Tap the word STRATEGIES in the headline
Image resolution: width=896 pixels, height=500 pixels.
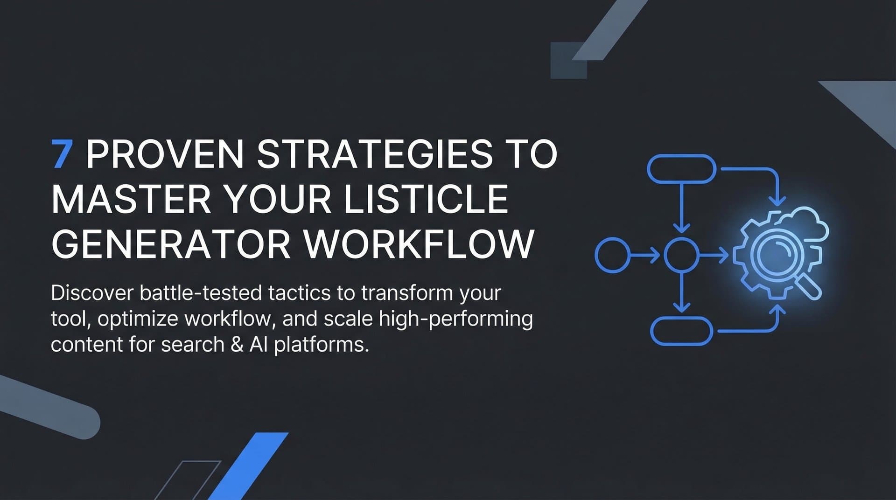tap(375, 154)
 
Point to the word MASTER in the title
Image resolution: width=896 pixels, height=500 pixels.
tap(131, 199)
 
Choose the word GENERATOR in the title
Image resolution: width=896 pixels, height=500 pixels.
tap(171, 244)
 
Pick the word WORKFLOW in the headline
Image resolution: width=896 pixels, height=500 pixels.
tap(419, 244)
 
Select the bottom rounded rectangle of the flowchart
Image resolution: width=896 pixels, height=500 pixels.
tap(682, 331)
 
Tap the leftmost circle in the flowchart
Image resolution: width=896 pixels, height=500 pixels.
tap(612, 255)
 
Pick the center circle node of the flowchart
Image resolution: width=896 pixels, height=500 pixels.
tap(681, 255)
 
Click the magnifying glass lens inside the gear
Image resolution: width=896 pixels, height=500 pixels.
tap(772, 254)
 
